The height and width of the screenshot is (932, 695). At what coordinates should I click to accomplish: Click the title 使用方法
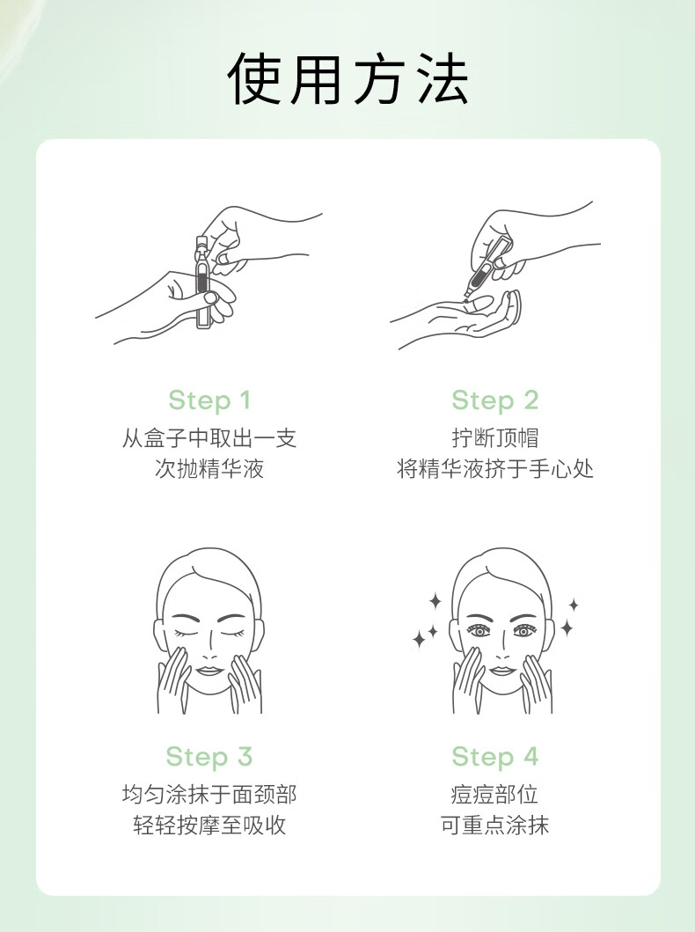click(347, 79)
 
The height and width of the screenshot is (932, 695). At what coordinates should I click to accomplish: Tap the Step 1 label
click(209, 400)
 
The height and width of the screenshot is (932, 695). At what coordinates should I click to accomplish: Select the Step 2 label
click(494, 400)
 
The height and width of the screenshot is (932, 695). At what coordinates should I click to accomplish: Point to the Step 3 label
click(209, 757)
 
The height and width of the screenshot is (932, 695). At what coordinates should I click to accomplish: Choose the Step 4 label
click(494, 757)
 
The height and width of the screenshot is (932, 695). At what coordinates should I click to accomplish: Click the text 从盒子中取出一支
click(209, 438)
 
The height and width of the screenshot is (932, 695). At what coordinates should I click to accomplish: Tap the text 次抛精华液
click(209, 468)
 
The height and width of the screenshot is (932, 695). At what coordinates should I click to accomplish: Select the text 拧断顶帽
click(494, 438)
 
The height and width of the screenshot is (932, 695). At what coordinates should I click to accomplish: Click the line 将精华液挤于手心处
click(494, 468)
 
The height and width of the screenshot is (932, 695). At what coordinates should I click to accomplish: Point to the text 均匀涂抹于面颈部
click(209, 794)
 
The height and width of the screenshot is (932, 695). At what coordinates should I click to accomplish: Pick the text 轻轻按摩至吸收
click(209, 825)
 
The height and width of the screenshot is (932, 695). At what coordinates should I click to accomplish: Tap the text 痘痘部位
click(494, 794)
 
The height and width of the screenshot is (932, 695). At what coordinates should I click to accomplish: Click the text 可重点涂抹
click(494, 825)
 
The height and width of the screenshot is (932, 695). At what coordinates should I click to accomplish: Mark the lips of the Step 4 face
click(502, 671)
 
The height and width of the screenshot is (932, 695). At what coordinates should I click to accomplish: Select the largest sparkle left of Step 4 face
click(420, 639)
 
